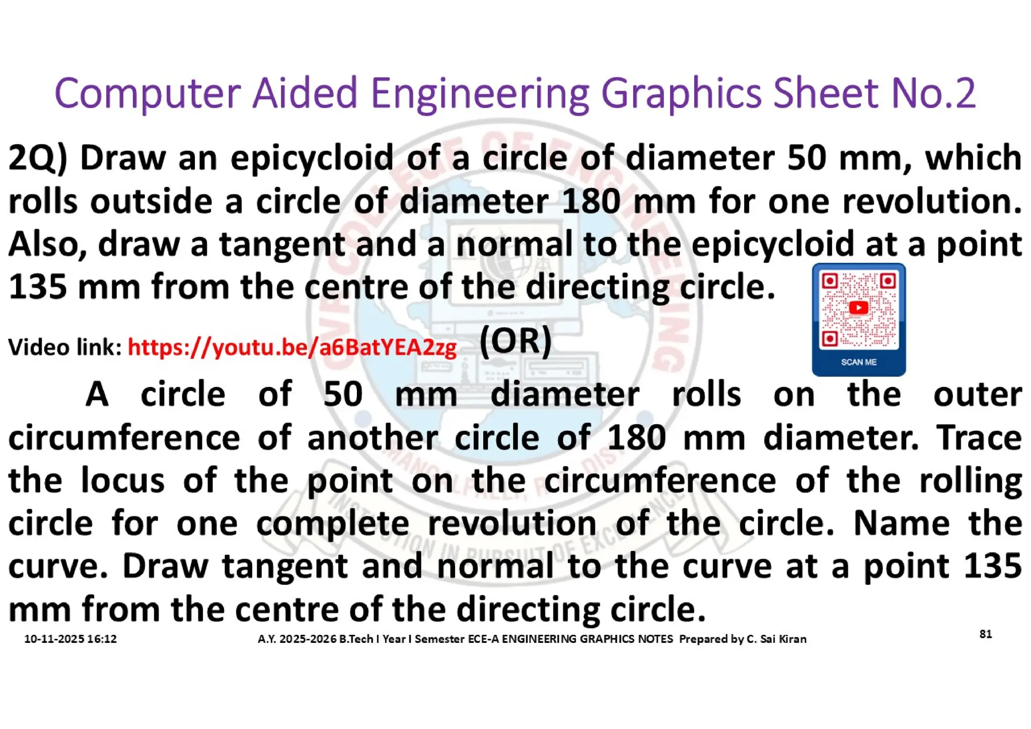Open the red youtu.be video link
292,347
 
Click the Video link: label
65,347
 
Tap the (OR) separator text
515,341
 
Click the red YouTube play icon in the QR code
858,307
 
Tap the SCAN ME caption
858,362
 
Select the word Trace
979,438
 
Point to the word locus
123,481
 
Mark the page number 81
986,634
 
